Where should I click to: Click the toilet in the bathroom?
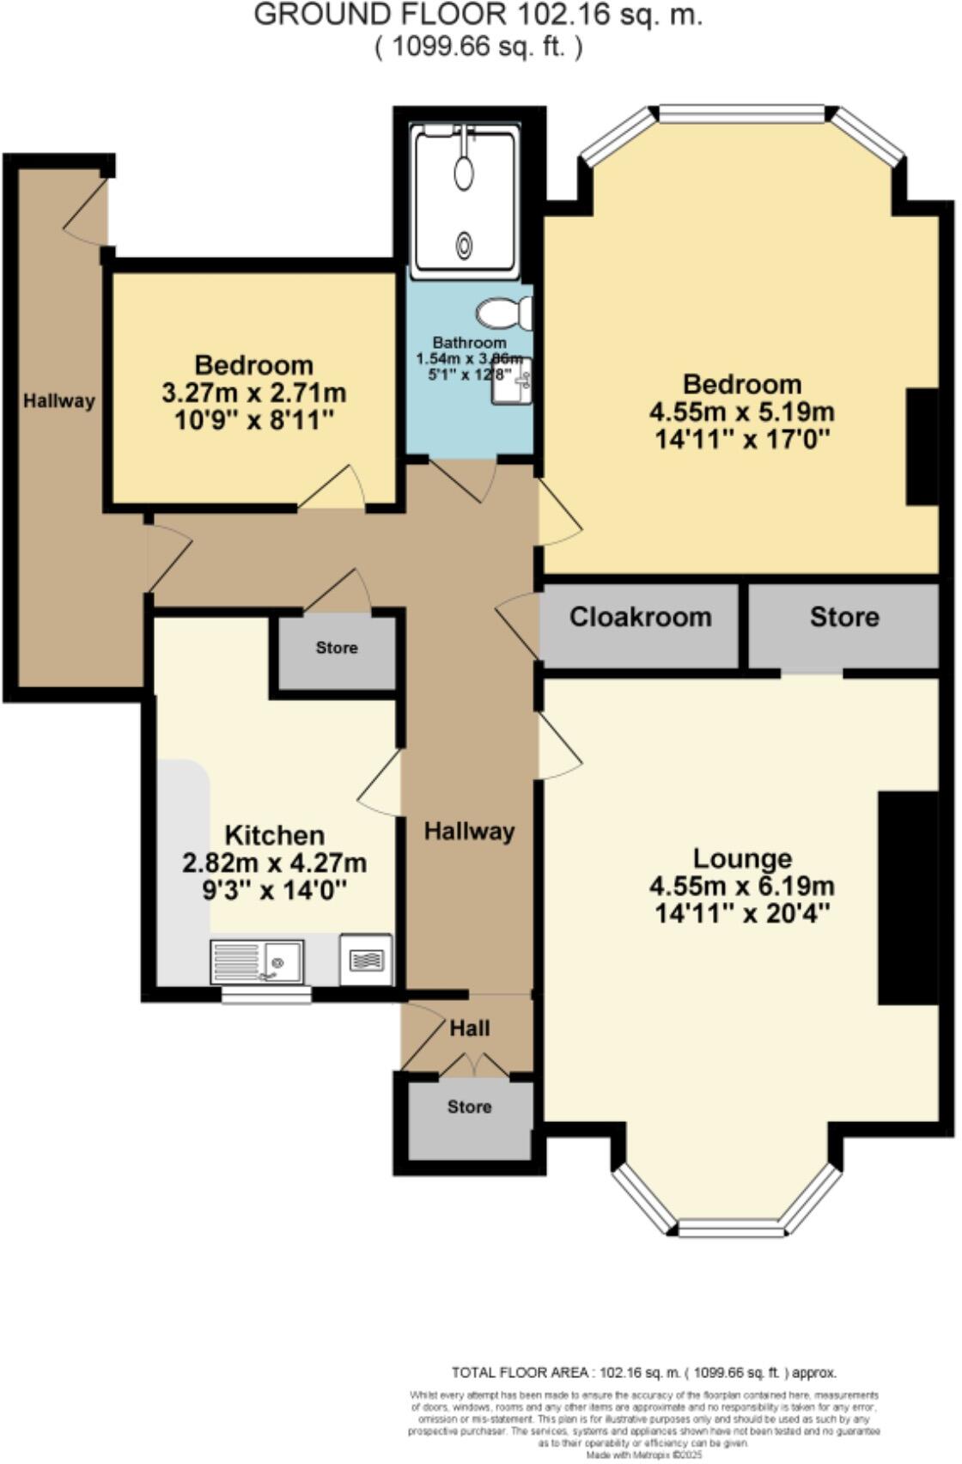pos(504,313)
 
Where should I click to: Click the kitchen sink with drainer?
pos(257,962)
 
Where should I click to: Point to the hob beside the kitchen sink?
pos(367,959)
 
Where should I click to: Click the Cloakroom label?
pos(640,617)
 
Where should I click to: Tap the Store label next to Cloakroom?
pos(844,617)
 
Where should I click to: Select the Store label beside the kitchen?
pos(336,648)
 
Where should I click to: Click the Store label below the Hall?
pos(469,1107)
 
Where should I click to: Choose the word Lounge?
pos(742,858)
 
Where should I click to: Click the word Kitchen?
pos(274,835)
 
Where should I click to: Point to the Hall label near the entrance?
pos(470,1028)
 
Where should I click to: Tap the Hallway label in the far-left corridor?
pos(58,400)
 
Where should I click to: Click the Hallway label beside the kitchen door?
pos(469,831)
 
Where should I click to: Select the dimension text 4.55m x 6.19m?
pos(742,886)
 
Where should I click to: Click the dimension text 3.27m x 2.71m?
pos(254,393)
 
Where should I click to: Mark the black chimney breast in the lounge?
pos(908,897)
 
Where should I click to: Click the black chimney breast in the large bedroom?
pos(922,447)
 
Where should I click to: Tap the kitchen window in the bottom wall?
pos(266,995)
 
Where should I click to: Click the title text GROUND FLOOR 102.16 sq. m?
pos(478,15)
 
